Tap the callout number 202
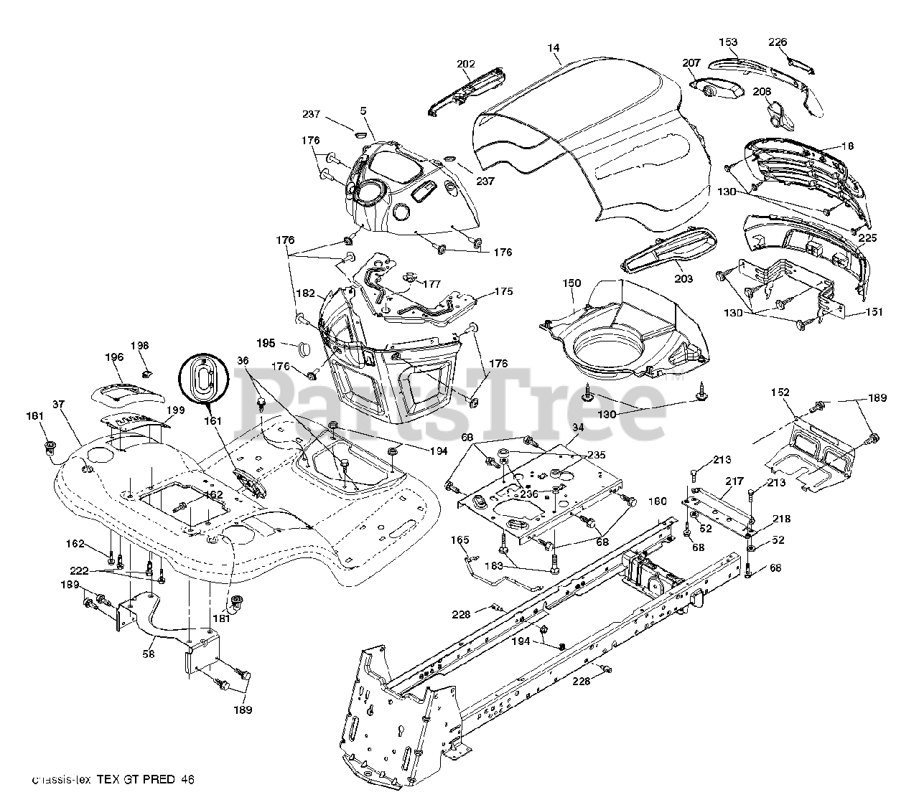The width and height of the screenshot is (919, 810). pos(465,65)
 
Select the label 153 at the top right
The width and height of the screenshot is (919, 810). pos(728,42)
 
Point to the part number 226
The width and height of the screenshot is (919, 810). pos(778,42)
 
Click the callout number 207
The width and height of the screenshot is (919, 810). pos(691,63)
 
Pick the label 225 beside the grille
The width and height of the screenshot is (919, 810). pos(867,237)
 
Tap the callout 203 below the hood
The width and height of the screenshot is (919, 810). pos(684,278)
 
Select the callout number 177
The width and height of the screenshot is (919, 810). pos(431,284)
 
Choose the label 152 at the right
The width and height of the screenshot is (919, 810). pos(780,392)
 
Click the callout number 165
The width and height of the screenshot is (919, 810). pos(459,540)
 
